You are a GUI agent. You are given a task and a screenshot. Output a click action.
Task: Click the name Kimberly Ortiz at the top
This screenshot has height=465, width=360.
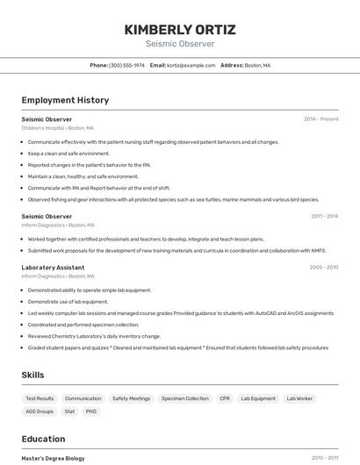click(180, 29)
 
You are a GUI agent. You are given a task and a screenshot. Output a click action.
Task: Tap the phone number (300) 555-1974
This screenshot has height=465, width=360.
click(126, 65)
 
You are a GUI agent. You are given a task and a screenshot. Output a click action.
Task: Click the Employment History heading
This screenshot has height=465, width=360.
click(65, 100)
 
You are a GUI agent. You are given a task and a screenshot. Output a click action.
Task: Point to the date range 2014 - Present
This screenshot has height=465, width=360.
click(320, 119)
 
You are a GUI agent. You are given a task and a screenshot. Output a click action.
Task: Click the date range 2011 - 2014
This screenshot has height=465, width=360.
click(324, 216)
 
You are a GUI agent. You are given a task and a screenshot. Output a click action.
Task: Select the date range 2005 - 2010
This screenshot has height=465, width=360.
click(323, 268)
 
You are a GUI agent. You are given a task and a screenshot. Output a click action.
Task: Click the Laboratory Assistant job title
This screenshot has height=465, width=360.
click(53, 268)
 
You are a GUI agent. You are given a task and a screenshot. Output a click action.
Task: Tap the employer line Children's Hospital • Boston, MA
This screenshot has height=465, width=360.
click(57, 128)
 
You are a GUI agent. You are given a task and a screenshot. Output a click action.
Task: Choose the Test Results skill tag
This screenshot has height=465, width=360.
click(40, 398)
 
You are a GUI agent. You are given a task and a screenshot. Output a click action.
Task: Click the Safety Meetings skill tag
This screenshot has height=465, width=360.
click(131, 398)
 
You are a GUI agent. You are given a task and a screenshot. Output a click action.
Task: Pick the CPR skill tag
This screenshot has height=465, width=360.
click(225, 398)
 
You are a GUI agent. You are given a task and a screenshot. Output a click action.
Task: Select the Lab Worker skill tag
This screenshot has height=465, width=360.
click(299, 398)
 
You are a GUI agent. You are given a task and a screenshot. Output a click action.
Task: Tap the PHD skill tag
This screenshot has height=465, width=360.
click(91, 411)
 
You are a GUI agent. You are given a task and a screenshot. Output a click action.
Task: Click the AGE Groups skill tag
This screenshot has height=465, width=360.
click(40, 411)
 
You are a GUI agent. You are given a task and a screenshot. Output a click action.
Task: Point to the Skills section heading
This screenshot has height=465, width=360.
click(32, 375)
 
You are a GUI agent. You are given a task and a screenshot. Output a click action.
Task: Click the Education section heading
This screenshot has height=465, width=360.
click(43, 439)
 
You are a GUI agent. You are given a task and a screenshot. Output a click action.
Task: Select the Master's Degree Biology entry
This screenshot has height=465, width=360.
click(53, 458)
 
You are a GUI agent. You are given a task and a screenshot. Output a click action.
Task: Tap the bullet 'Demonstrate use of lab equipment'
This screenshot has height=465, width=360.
click(68, 301)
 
